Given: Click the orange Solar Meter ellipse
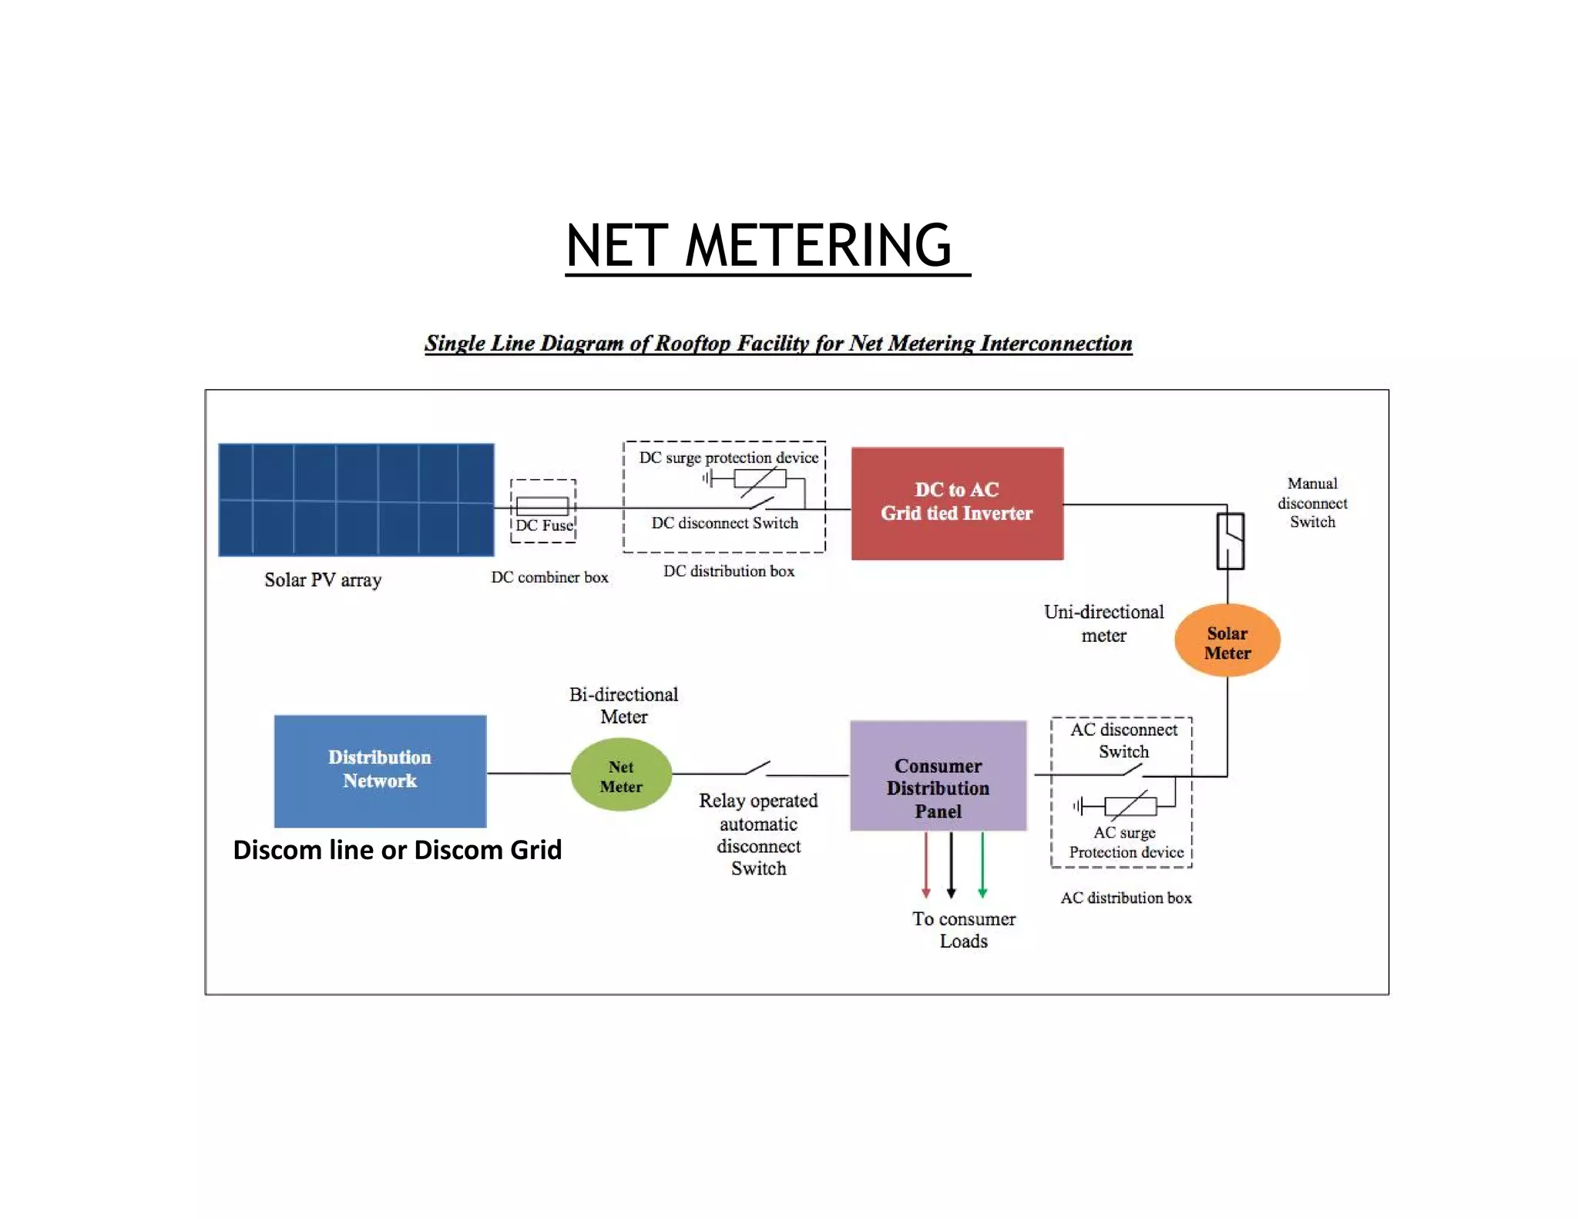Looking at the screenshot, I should pos(1227,640).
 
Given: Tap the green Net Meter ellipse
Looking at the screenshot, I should pos(621,774).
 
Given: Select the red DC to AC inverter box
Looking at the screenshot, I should pos(957,503).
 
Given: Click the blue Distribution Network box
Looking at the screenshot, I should pos(380,771).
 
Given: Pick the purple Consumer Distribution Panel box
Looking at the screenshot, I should pos(938,776).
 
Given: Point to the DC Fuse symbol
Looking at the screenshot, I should pos(542,506).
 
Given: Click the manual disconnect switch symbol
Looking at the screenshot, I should pos(1230,541).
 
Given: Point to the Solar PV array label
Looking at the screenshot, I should pos(323,579).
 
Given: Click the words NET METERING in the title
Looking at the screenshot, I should pos(759,246).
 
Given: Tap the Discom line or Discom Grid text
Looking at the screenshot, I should pos(397,850).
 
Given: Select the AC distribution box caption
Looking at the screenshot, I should pos(1126,898).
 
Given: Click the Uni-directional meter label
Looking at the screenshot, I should pos(1103,623).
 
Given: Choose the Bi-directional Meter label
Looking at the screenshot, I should pos(623,705).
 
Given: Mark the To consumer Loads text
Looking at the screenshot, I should pos(964,929).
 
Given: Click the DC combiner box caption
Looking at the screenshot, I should pos(549,577).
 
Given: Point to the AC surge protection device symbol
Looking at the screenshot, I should pos(1130,806).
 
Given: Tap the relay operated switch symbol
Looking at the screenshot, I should pos(759,768).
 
